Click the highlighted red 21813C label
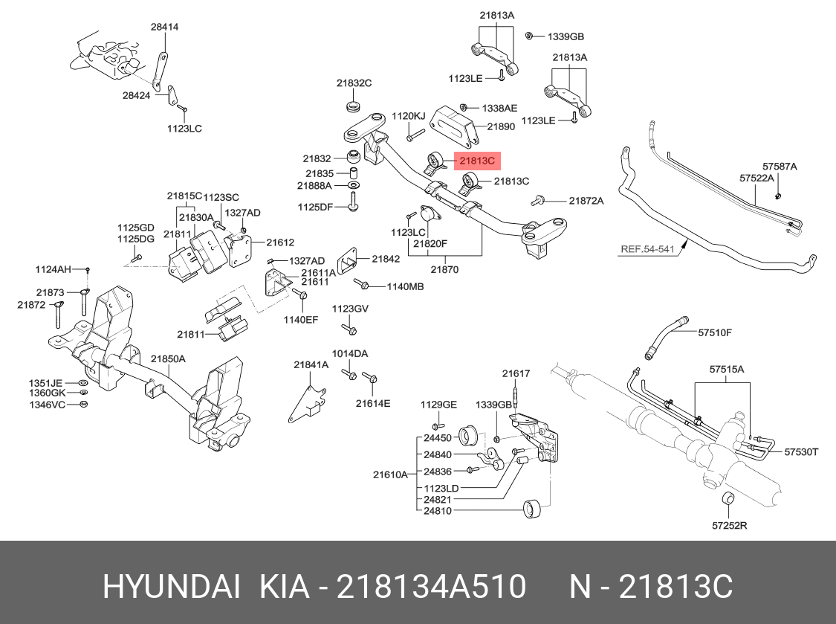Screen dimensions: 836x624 click(477, 160)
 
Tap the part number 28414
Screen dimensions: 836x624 click(164, 27)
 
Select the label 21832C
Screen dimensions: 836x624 click(354, 83)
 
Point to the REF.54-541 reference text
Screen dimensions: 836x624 click(648, 248)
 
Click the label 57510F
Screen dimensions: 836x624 click(715, 332)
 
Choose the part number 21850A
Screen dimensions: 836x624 click(168, 359)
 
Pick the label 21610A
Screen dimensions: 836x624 click(390, 474)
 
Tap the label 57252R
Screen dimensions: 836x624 click(730, 525)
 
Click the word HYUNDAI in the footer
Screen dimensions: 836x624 click(171, 587)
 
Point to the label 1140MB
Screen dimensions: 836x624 click(405, 286)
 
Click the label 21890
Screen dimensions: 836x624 click(501, 126)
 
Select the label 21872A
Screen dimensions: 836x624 click(586, 201)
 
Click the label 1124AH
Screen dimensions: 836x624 click(53, 269)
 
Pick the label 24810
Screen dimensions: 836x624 click(437, 511)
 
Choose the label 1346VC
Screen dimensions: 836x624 click(47, 405)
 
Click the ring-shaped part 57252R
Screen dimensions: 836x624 click(728, 499)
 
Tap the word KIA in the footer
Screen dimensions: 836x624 click(284, 587)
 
